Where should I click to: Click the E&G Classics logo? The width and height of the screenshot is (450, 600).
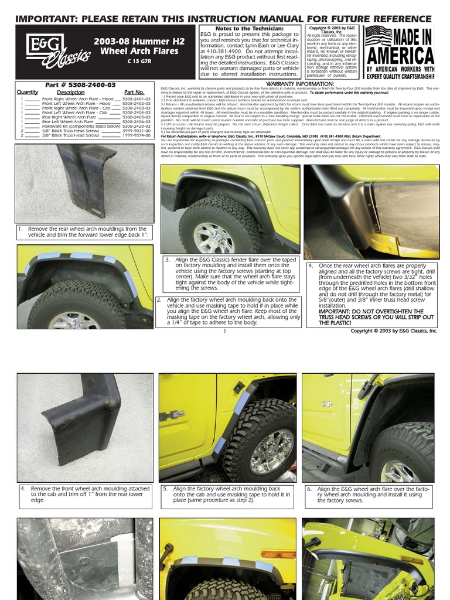pyautogui.click(x=56, y=50)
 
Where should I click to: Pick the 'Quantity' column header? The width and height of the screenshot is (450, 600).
pyautogui.click(x=28, y=93)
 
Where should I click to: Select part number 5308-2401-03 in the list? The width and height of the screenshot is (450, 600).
pyautogui.click(x=138, y=99)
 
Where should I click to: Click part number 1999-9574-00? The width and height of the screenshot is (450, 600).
pyautogui.click(x=138, y=135)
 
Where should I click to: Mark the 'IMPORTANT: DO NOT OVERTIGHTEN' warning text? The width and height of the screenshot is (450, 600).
pyautogui.click(x=370, y=311)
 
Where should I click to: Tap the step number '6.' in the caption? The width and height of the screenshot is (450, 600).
pyautogui.click(x=309, y=489)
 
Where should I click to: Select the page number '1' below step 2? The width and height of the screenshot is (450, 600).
pyautogui.click(x=225, y=332)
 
